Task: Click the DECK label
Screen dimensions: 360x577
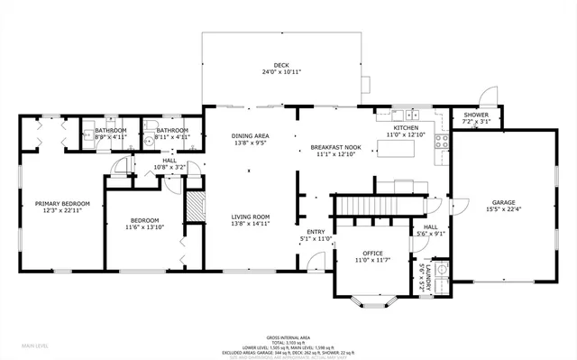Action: (x=281, y=66)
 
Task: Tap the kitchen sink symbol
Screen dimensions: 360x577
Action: (x=411, y=115)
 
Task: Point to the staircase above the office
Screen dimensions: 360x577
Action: (x=370, y=207)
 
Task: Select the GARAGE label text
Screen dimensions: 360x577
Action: (x=503, y=201)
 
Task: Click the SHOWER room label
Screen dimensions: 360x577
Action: (x=476, y=115)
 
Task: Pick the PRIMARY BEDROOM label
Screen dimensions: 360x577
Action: (x=60, y=204)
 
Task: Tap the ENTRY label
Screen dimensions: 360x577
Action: (x=316, y=232)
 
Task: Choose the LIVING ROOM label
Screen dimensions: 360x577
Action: (x=251, y=217)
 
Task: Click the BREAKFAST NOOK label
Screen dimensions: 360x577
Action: (x=336, y=147)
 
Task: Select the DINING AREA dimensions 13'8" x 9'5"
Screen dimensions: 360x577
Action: (x=251, y=142)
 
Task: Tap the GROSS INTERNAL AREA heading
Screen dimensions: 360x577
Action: (x=288, y=335)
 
